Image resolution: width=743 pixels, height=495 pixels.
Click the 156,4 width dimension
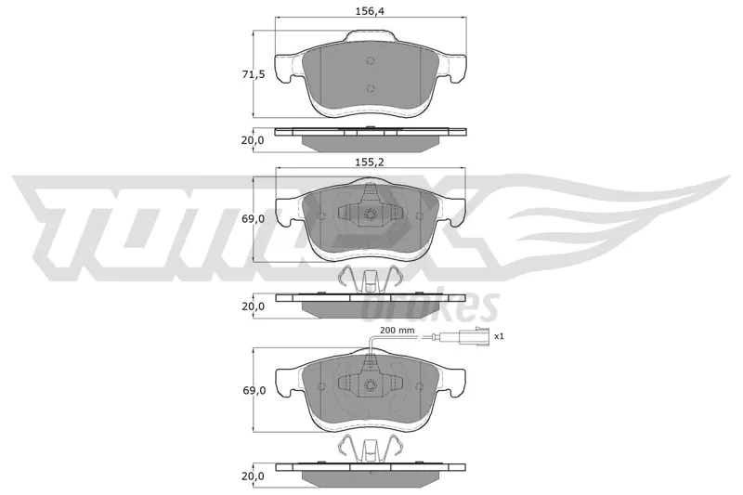[x=370, y=11]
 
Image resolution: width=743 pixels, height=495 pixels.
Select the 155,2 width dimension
[x=370, y=162]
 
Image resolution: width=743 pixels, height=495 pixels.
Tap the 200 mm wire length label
[x=398, y=331]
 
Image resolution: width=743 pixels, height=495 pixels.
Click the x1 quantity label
[x=499, y=336]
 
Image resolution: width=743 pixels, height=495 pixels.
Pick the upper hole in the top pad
[x=371, y=60]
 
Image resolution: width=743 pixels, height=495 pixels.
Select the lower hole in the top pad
[x=371, y=87]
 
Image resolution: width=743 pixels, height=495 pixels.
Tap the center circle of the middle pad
[x=371, y=215]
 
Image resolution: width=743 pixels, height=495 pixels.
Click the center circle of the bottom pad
[x=371, y=384]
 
